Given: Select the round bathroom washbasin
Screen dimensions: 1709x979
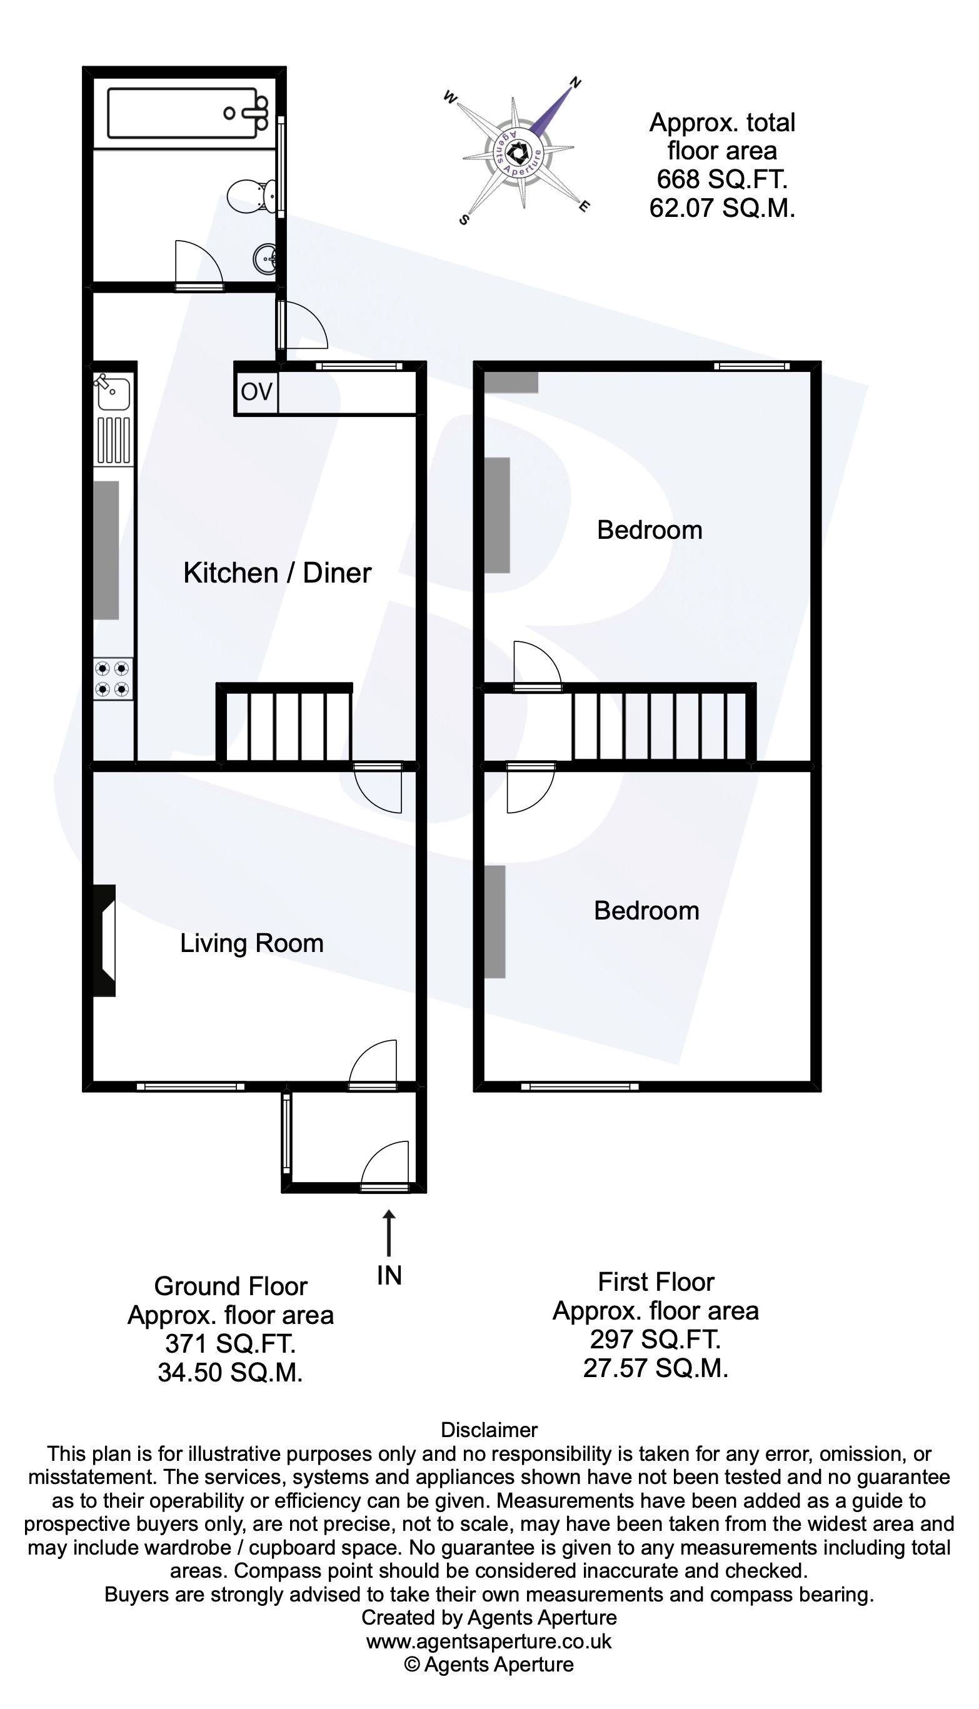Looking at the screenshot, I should tap(266, 258).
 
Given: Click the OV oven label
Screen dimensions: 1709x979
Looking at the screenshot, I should tap(256, 391).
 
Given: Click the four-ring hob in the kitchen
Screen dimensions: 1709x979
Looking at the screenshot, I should tap(113, 678).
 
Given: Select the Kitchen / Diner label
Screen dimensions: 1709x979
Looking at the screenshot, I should tap(277, 573).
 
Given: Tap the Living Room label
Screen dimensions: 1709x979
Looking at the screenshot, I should tap(251, 943).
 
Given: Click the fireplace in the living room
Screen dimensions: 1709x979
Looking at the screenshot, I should tap(104, 940).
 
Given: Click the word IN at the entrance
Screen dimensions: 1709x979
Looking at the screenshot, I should tap(389, 1275).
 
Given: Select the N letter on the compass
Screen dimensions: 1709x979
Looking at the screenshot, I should tap(575, 83).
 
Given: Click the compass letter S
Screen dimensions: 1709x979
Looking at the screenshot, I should tap(463, 219).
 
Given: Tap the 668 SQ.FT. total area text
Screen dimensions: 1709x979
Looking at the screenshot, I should tap(722, 179).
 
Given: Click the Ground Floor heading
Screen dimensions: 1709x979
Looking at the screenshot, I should tap(231, 1286).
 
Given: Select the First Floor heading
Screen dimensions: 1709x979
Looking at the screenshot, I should tap(656, 1282).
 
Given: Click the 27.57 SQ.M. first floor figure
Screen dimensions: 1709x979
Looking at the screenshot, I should tap(656, 1368).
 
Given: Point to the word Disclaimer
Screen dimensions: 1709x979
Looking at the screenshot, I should tap(489, 1430).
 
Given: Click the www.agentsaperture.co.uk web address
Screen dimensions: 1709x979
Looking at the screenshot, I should tap(489, 1641).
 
